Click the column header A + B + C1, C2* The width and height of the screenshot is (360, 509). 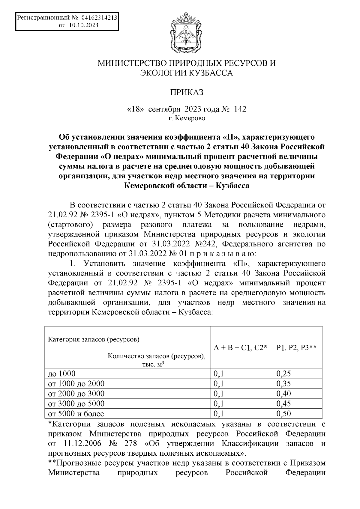point(240,348)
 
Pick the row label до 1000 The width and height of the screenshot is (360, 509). point(62,374)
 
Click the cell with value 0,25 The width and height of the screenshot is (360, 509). point(283,374)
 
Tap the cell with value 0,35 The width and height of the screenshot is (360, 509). point(283,383)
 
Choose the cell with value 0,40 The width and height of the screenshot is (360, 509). point(283,393)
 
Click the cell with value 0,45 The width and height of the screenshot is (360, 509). point(283,403)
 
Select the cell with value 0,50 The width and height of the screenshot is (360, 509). point(283,414)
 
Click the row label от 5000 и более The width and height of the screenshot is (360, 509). point(76,414)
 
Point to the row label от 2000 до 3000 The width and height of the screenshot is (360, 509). point(76,393)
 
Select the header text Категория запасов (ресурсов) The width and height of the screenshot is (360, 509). point(94,339)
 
